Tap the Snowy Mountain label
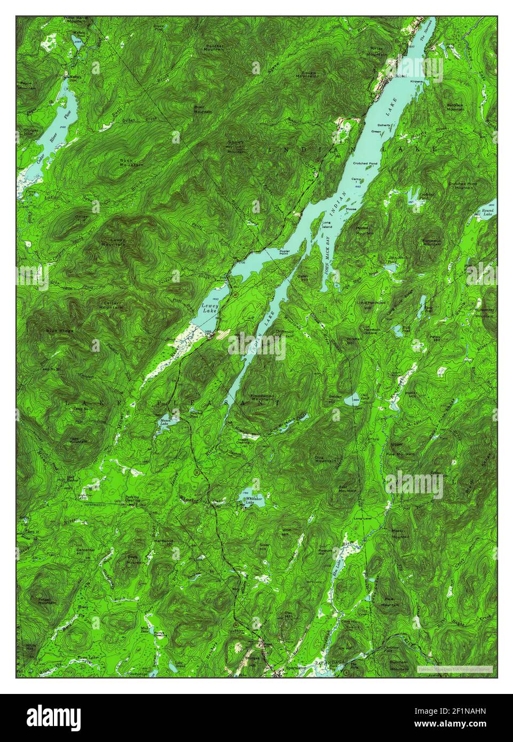[235, 148]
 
